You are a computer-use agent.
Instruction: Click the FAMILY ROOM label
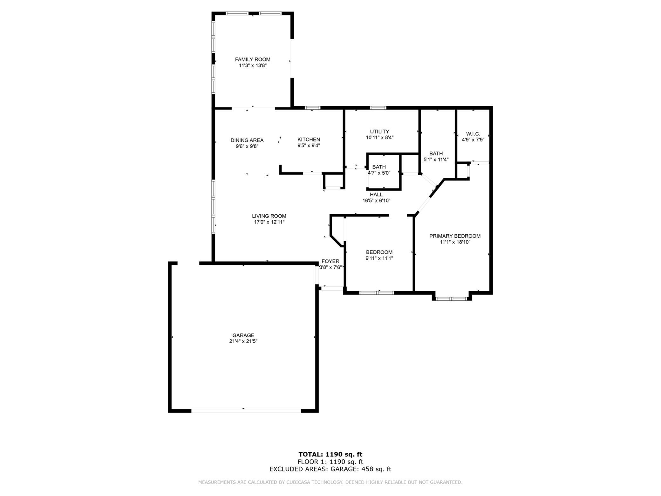pyautogui.click(x=253, y=59)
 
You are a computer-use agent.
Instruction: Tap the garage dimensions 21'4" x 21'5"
pyautogui.click(x=243, y=341)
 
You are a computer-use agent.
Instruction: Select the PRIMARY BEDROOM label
pyautogui.click(x=455, y=236)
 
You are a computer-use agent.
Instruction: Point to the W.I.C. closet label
pyautogui.click(x=473, y=134)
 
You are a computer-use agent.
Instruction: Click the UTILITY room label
pyautogui.click(x=379, y=132)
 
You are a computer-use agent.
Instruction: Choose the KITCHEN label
pyautogui.click(x=309, y=140)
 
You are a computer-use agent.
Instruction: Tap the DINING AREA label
pyautogui.click(x=247, y=140)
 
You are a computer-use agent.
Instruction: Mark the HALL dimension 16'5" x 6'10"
pyautogui.click(x=376, y=201)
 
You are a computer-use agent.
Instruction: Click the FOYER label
pyautogui.click(x=330, y=261)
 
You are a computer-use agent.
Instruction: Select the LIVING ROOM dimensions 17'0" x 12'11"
pyautogui.click(x=269, y=222)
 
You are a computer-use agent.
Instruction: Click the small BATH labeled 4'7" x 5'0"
pyautogui.click(x=379, y=167)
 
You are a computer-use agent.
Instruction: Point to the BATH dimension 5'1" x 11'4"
pyautogui.click(x=436, y=160)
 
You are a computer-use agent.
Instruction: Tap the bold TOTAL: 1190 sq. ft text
pyautogui.click(x=330, y=454)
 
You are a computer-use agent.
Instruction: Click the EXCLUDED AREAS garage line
pyautogui.click(x=330, y=469)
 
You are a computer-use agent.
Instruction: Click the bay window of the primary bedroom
pyautogui.click(x=451, y=299)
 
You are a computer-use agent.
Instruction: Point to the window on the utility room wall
pyautogui.click(x=378, y=108)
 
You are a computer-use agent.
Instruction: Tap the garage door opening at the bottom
pyautogui.click(x=246, y=411)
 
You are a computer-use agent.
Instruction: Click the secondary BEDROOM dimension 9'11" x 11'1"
pyautogui.click(x=379, y=258)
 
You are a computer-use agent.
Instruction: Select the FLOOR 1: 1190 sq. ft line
pyautogui.click(x=330, y=462)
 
